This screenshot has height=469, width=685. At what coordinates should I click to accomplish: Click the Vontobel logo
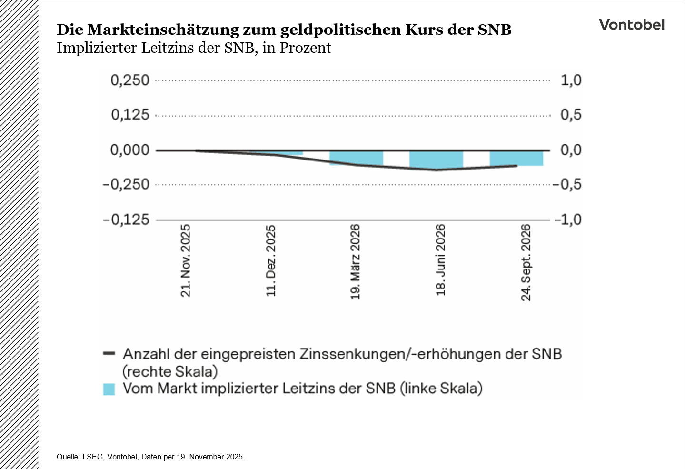631,25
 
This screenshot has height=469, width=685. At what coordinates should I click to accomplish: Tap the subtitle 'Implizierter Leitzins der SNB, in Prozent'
194,48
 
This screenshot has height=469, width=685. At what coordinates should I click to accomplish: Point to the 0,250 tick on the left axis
130,80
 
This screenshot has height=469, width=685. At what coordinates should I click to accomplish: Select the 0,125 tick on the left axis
130,115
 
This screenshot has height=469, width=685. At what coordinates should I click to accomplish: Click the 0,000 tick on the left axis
130,150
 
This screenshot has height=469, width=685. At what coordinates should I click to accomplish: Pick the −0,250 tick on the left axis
126,185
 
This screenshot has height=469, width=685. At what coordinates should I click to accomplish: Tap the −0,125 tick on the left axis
126,220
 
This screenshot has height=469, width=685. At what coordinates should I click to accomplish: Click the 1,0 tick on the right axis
571,80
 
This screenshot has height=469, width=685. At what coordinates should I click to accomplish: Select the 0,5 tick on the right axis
571,115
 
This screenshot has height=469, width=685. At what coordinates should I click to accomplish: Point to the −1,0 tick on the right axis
567,220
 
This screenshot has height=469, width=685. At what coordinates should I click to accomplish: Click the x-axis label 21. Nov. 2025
186,260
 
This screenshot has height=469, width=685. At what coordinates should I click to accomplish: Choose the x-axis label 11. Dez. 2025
271,260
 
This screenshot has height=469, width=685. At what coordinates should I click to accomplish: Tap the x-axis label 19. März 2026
356,262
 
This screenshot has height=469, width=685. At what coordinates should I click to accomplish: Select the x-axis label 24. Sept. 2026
526,262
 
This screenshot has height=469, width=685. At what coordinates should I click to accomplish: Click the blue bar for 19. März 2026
356,158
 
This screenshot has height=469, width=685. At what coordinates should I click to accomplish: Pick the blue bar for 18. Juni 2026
436,159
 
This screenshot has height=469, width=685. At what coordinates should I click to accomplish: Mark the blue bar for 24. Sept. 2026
516,158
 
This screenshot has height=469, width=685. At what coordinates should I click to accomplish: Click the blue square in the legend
109,389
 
